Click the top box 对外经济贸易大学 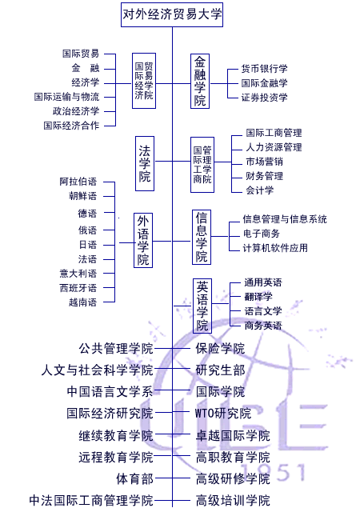click(x=172, y=14)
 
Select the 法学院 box click(x=145, y=163)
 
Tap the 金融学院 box click(x=200, y=82)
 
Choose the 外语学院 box click(x=143, y=240)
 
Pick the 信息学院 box click(x=202, y=237)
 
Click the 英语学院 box click(x=202, y=306)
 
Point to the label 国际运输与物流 click(x=66, y=97)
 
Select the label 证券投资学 click(x=264, y=98)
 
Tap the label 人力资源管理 click(x=274, y=147)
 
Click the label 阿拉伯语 click(x=78, y=182)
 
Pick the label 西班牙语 click(x=78, y=288)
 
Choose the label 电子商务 click(x=262, y=234)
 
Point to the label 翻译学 click(x=258, y=297)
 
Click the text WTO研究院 click(x=223, y=414)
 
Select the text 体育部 click(x=135, y=479)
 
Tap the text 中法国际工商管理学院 click(x=91, y=501)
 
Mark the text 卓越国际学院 click(x=233, y=435)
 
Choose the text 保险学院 click(x=220, y=349)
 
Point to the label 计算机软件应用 click(x=275, y=248)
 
